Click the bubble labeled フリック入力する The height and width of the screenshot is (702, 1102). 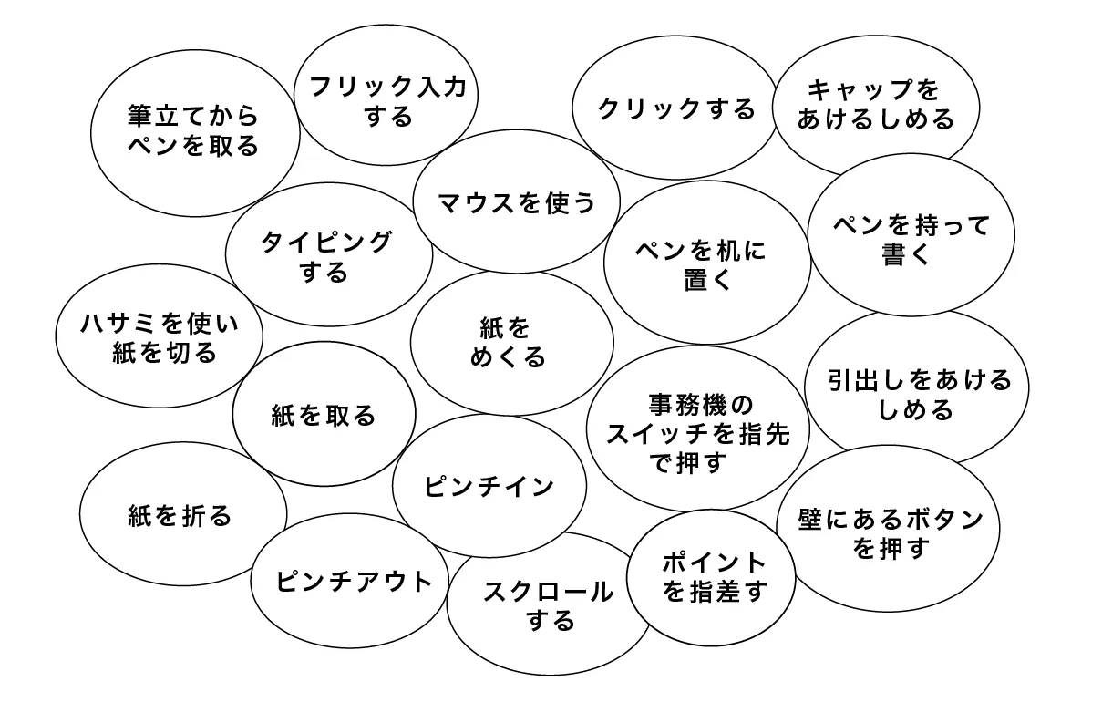tap(386, 95)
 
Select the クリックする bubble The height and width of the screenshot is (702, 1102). tap(675, 107)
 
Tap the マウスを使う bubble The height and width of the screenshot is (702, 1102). tap(517, 201)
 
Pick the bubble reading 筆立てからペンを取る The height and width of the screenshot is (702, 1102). tap(195, 133)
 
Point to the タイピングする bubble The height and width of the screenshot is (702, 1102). tap(329, 254)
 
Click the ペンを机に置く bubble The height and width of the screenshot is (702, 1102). tap(707, 263)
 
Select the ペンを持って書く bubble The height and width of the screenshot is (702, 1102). tap(911, 234)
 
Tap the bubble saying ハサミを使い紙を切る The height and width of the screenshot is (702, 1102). tap(159, 336)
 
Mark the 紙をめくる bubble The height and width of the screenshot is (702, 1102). tap(512, 343)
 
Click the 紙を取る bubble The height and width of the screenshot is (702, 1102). tap(324, 414)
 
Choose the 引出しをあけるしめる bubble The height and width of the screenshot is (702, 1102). tap(917, 387)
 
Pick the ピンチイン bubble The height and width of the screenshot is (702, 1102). tap(489, 486)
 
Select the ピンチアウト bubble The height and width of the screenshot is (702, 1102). tap(350, 581)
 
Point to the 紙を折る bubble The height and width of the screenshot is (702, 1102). tap(183, 513)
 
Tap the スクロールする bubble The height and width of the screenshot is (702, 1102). tap(549, 604)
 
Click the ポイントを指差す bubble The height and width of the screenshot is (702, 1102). tap(711, 577)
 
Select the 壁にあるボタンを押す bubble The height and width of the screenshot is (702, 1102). tap(888, 529)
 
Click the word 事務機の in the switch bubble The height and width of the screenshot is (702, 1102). tap(701, 405)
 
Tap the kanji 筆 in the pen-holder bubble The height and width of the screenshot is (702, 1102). tap(141, 116)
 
